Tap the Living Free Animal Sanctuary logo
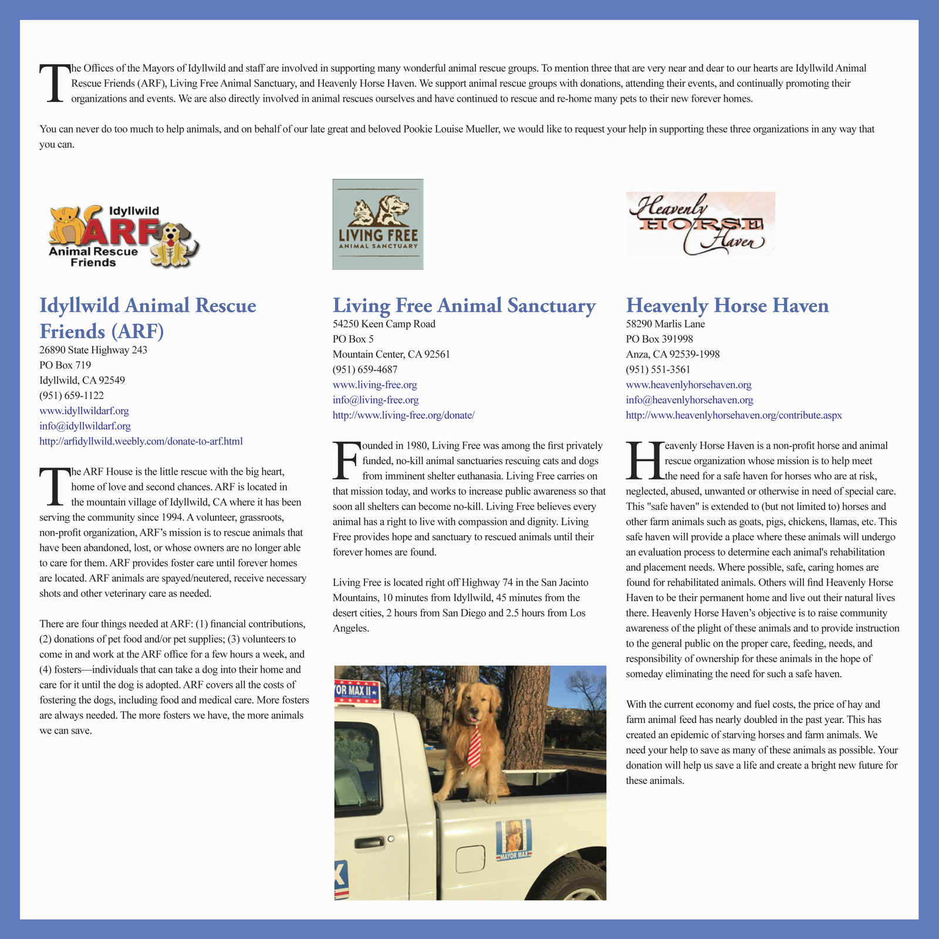click(378, 224)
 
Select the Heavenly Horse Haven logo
click(700, 224)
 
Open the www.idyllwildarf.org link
click(84, 411)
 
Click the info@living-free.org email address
click(376, 400)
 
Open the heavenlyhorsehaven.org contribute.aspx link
click(734, 416)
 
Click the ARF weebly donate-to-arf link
click(141, 441)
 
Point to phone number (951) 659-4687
click(365, 370)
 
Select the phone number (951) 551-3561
click(658, 370)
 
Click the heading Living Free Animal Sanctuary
click(464, 306)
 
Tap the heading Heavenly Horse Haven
click(727, 306)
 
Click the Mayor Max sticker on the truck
click(514, 839)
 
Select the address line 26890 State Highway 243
click(93, 350)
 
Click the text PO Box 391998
click(659, 339)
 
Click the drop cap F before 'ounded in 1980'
click(345, 461)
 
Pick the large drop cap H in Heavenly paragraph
click(644, 461)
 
